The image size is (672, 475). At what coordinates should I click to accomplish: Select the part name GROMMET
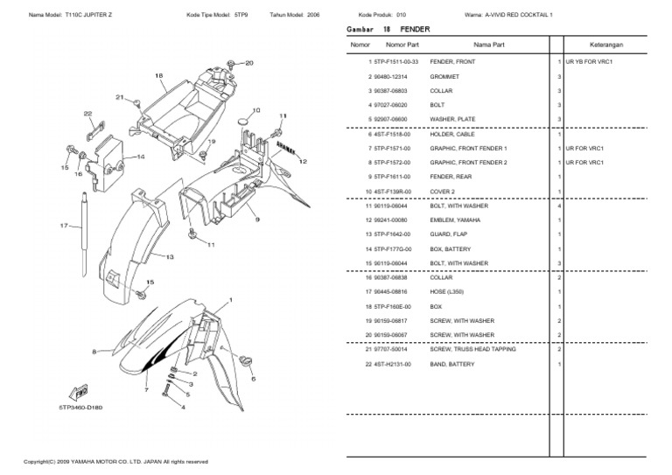click(x=444, y=78)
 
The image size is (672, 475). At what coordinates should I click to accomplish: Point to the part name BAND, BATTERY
click(x=451, y=363)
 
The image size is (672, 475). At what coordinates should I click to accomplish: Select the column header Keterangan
click(x=612, y=44)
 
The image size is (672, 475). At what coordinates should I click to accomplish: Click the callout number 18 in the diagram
click(x=159, y=75)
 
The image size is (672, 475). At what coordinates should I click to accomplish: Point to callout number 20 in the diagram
click(x=248, y=63)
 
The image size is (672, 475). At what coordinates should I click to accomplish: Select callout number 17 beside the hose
click(x=64, y=226)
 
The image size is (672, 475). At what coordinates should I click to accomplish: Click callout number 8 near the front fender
click(x=94, y=352)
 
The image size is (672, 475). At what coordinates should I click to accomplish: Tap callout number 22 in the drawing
click(x=87, y=114)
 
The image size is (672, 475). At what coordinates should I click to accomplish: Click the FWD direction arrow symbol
click(x=76, y=391)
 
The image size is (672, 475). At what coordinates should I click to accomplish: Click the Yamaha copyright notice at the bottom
click(x=115, y=461)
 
